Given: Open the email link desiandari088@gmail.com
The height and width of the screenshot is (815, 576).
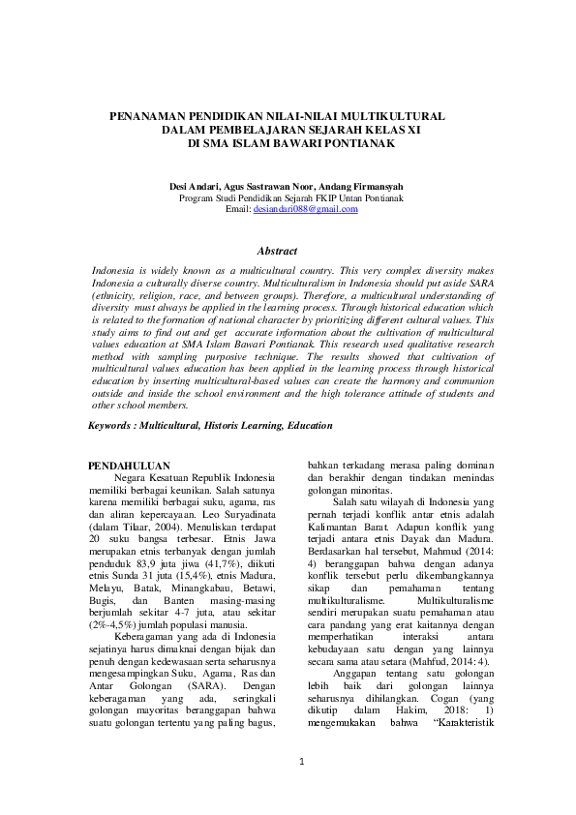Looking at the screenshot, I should point(306,208).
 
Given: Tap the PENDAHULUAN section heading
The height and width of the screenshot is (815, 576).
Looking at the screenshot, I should point(129,466).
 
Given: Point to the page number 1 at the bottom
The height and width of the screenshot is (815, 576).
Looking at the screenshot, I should point(301,762).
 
